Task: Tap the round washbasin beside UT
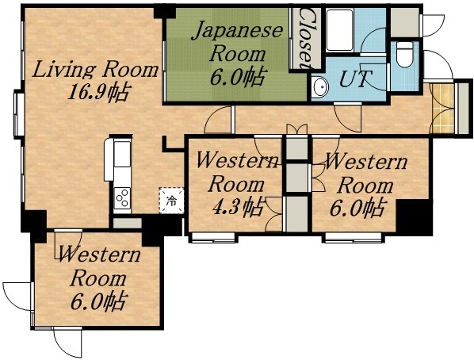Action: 319,87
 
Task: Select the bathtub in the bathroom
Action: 342,29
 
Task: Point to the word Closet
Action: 306,38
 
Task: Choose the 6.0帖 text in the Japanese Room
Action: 237,78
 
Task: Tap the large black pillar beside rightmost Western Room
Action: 413,216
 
